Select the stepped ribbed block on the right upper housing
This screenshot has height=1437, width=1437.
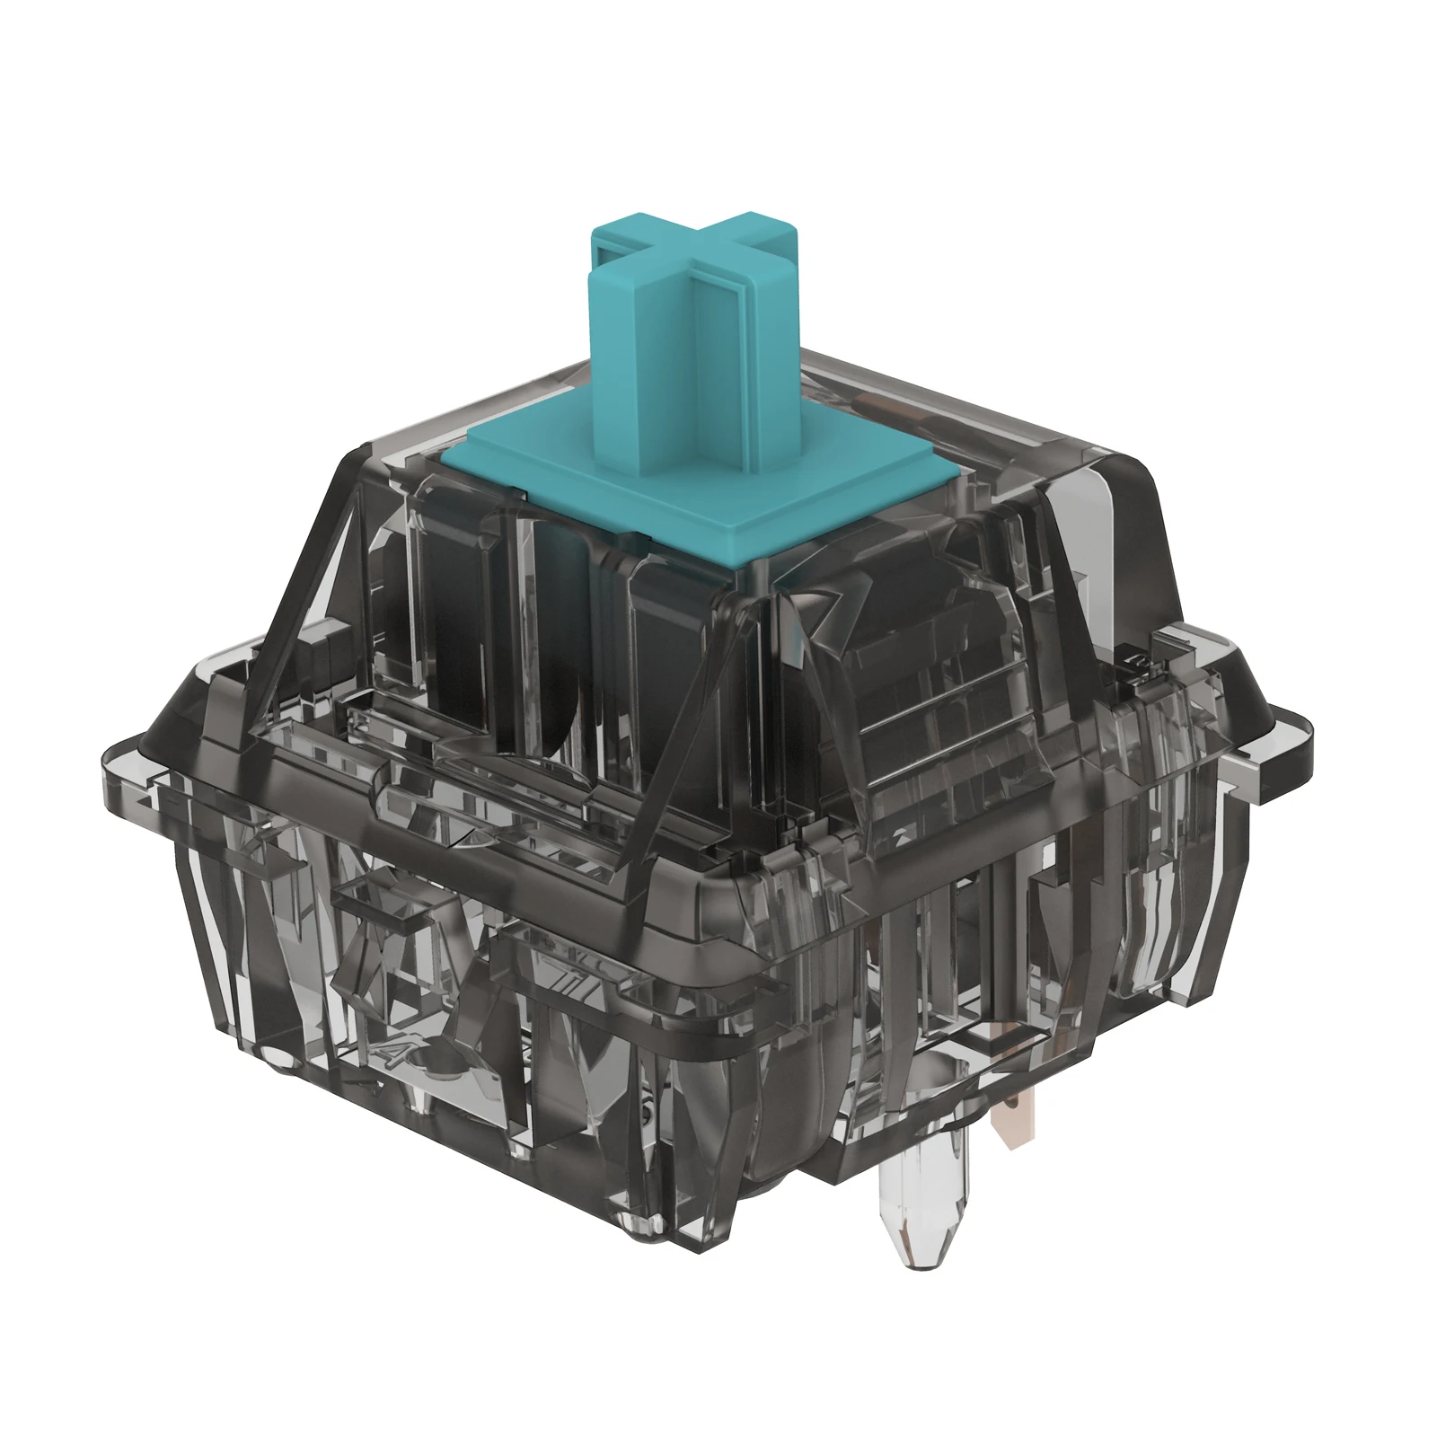tap(943, 692)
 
